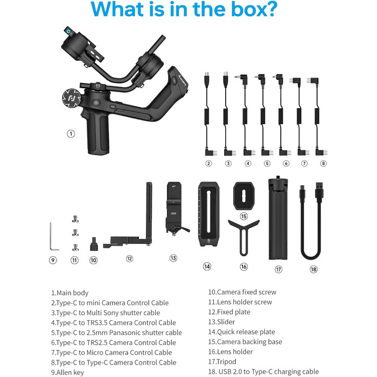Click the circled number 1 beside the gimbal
(71, 134)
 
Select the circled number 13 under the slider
(173, 258)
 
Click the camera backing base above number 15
(243, 196)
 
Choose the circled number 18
(313, 269)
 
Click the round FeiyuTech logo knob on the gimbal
(72, 98)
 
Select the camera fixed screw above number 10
(94, 244)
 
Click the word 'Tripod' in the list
(226, 361)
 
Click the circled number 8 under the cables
(323, 164)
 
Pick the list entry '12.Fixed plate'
(229, 312)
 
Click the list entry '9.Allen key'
(67, 373)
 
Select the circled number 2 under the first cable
(208, 164)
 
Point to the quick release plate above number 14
(208, 214)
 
